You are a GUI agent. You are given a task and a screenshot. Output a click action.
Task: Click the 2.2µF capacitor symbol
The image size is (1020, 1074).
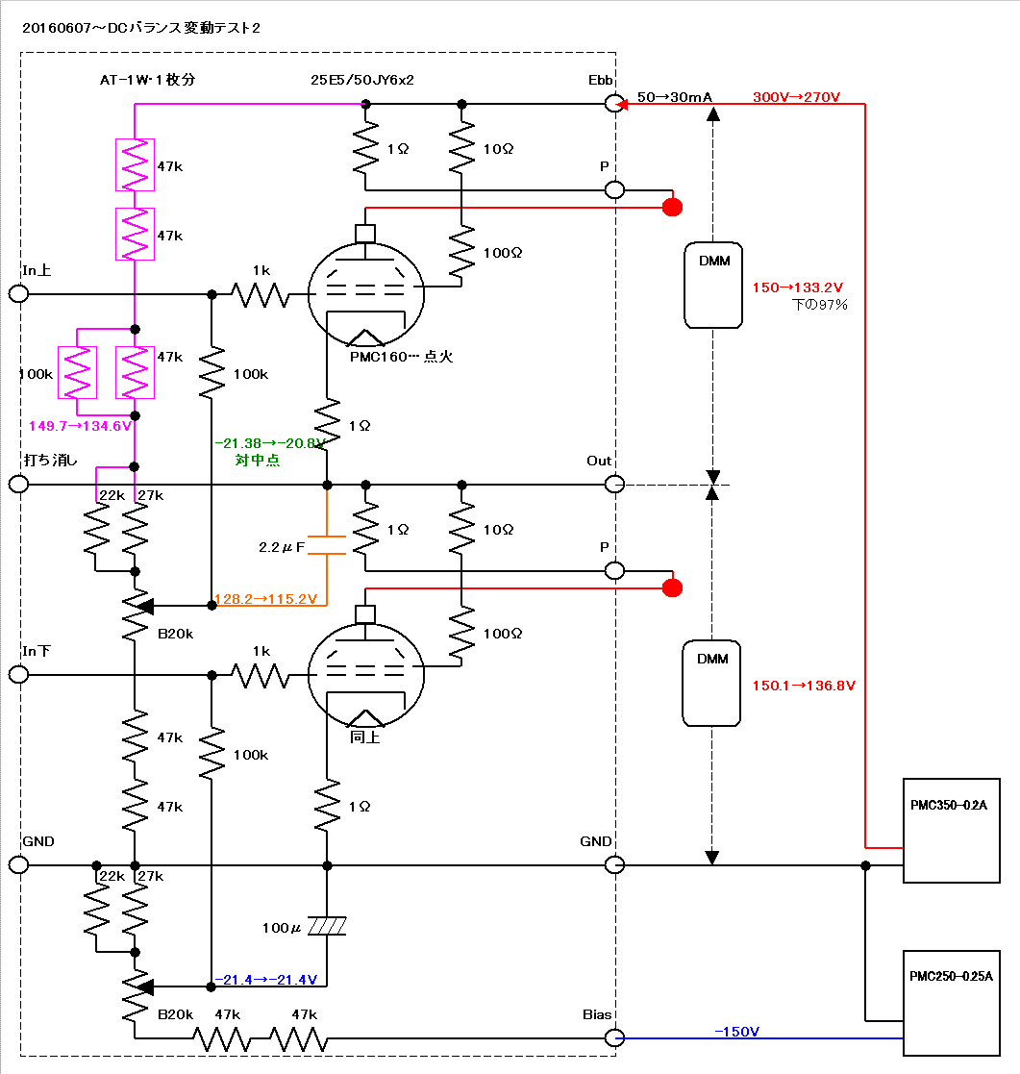pyautogui.click(x=327, y=545)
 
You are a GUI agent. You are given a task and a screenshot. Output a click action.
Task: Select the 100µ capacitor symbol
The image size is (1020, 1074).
pyautogui.click(x=327, y=926)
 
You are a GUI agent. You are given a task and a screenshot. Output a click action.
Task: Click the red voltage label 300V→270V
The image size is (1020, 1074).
pyautogui.click(x=796, y=97)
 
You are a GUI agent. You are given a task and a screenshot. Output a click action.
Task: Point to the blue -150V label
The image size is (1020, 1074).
pyautogui.click(x=736, y=1032)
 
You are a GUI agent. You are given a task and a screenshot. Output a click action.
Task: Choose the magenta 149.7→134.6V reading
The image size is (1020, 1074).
pyautogui.click(x=80, y=426)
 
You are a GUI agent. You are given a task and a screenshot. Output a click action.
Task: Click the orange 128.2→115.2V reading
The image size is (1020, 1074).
pyautogui.click(x=265, y=599)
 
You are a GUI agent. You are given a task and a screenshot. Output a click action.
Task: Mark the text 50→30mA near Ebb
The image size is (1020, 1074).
pyautogui.click(x=675, y=97)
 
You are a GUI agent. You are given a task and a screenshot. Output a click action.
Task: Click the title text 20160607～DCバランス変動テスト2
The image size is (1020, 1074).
pyautogui.click(x=141, y=28)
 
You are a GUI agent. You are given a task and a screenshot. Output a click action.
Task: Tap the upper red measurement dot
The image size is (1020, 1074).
pyautogui.click(x=672, y=207)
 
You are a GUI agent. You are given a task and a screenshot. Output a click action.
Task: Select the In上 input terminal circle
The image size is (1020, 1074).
pyautogui.click(x=18, y=294)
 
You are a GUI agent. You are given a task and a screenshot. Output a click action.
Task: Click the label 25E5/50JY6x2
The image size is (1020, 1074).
pyautogui.click(x=362, y=80)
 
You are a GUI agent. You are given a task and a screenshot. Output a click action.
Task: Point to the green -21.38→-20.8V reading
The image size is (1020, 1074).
pyautogui.click(x=269, y=443)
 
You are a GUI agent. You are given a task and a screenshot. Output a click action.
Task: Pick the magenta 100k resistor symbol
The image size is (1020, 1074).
pyautogui.click(x=77, y=373)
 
